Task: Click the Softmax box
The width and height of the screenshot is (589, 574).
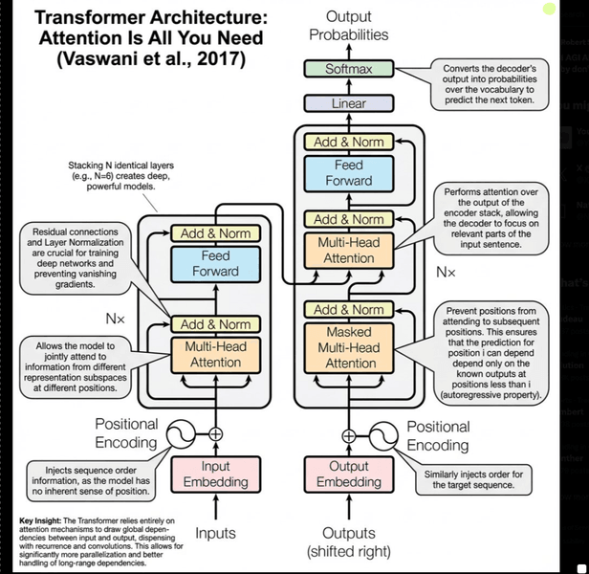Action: point(348,69)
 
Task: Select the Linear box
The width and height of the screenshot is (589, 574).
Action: point(348,103)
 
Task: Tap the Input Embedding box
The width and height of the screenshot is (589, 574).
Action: point(215,475)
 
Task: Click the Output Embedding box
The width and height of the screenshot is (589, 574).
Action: point(349,475)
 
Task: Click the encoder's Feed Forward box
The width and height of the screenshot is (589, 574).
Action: point(215,263)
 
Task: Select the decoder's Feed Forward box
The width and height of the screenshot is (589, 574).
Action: point(349,172)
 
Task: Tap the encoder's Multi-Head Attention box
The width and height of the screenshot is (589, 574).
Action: point(215,355)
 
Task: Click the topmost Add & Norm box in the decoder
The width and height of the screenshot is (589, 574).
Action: point(349,142)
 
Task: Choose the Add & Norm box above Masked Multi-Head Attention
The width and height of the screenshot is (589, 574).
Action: point(349,309)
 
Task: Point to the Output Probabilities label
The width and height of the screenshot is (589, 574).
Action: point(349,25)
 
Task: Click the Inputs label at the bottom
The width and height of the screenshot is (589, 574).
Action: point(215,533)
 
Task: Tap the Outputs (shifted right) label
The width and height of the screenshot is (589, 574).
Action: point(349,541)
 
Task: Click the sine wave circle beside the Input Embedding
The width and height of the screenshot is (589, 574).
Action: point(181,435)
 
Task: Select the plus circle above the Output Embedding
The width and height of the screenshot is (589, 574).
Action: point(349,435)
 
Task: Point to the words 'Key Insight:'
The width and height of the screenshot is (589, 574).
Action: point(43,521)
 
